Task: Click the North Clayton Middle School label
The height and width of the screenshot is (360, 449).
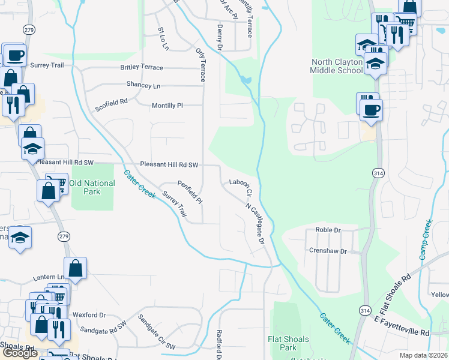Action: (337, 66)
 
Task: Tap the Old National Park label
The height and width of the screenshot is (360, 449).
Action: (92, 187)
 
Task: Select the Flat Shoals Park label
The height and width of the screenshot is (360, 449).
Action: (289, 343)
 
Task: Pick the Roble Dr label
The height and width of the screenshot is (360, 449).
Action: (328, 230)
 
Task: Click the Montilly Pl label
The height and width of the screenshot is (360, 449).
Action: (167, 105)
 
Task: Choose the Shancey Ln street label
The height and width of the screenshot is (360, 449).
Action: (143, 85)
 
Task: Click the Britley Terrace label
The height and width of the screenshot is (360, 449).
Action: (142, 67)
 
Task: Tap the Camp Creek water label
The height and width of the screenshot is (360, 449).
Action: (426, 240)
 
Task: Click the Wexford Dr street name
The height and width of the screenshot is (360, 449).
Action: (89, 314)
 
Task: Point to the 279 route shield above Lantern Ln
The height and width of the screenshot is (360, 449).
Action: (64, 237)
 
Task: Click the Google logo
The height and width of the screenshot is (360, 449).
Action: (20, 353)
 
